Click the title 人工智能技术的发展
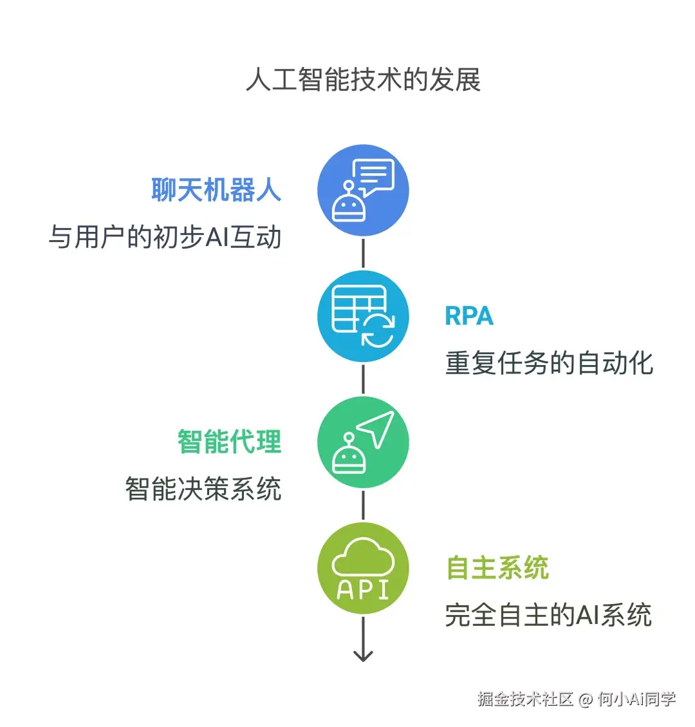coord(363,80)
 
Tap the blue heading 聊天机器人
coord(216,190)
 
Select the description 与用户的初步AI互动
coord(165,237)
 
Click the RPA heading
coord(468,316)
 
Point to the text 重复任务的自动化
coord(549,363)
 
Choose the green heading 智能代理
coord(230,442)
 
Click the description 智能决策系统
coord(203,489)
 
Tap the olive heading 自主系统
coord(497,568)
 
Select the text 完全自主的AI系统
coord(548,615)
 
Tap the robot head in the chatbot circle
coord(349,205)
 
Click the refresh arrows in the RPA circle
coord(378,330)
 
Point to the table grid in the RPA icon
coord(354,308)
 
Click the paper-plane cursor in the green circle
coord(378,426)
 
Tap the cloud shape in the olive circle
coord(363,557)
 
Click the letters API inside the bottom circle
coord(363,589)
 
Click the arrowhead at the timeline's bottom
coord(363,656)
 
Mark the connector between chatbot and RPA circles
coord(363,253)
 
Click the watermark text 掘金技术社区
coord(525,699)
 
